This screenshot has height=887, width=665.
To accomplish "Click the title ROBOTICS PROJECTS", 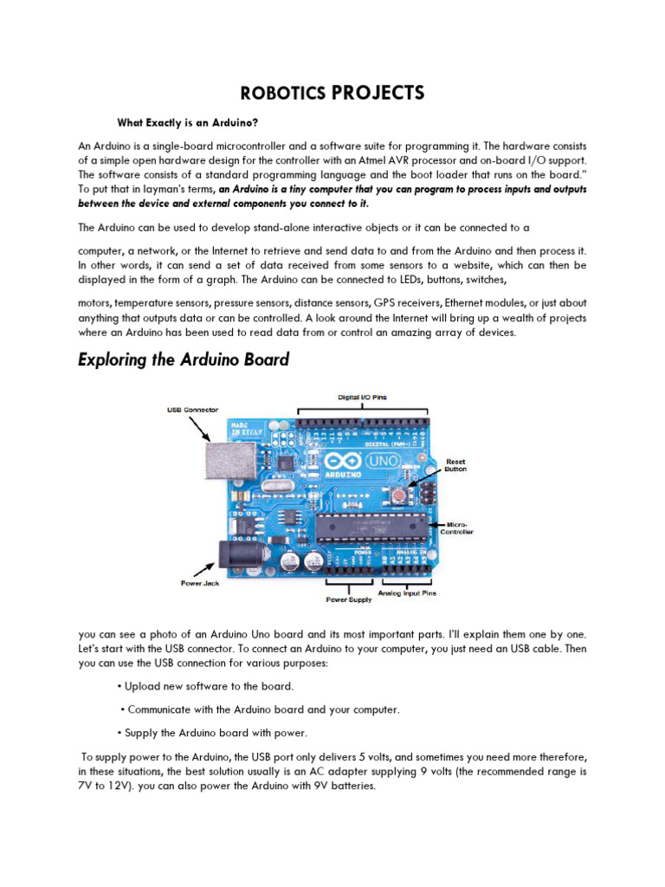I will point(332,93).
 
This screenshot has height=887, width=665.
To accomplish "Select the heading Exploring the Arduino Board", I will point(184,359).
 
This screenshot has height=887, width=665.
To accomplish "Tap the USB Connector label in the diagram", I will point(192,409).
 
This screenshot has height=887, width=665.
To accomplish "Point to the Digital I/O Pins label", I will point(362,397).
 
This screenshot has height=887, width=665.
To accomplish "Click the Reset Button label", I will point(456,466).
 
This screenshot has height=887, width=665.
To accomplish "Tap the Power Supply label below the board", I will point(348,599).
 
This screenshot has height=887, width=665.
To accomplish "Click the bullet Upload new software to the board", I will point(207,686).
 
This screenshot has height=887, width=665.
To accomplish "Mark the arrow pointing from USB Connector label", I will point(205,427).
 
